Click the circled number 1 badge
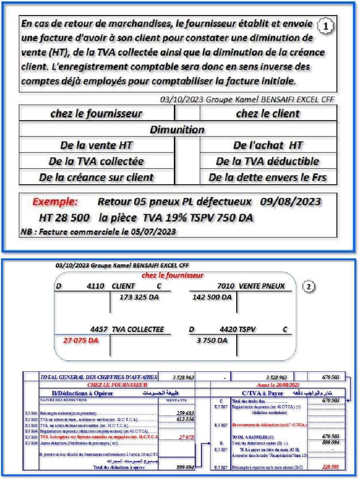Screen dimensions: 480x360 point(325,27)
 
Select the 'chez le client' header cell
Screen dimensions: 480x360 point(268,113)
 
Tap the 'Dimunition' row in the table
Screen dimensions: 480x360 point(177,129)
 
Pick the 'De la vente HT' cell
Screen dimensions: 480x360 point(96,145)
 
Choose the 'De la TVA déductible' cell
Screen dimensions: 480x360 point(267,161)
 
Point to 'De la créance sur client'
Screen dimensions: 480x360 point(96,178)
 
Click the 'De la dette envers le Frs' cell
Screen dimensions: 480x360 point(267,178)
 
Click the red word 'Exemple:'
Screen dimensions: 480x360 point(55,202)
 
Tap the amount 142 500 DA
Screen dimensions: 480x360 point(212,297)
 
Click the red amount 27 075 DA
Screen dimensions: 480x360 point(81,341)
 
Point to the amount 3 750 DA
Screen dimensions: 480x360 point(212,341)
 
